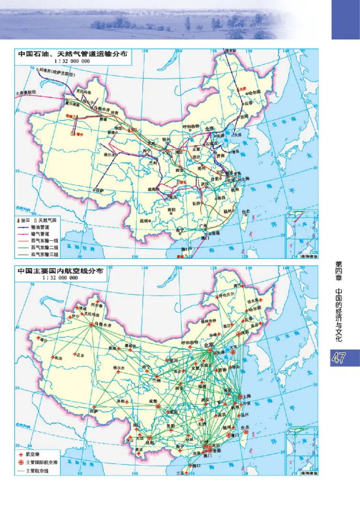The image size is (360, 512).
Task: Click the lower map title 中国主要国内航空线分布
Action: (60, 271)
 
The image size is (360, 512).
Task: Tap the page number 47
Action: (339, 358)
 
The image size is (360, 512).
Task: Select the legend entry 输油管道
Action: (43, 228)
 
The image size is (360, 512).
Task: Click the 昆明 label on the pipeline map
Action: (144, 221)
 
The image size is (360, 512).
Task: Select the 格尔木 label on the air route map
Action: (118, 368)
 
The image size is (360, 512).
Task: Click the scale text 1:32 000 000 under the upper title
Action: (63, 61)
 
